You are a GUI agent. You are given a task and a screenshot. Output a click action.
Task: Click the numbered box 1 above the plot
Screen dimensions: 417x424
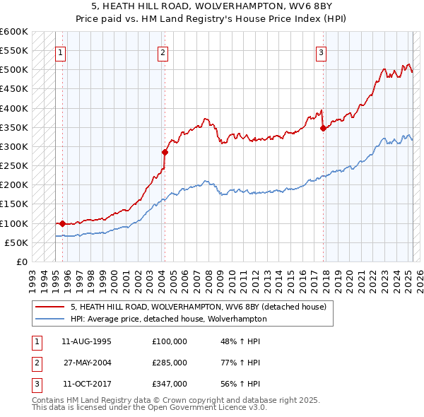coord(60,52)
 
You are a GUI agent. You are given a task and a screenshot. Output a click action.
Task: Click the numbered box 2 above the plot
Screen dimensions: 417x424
coord(163,52)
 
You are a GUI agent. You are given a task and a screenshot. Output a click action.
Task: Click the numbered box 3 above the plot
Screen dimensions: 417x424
coord(321,52)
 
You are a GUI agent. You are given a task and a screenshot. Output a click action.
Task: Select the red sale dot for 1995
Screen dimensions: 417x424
coord(63,223)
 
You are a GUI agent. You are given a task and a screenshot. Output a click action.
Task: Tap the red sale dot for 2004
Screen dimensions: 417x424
coord(165,152)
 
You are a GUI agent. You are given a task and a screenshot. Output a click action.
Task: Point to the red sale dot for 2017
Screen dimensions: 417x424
coord(323,128)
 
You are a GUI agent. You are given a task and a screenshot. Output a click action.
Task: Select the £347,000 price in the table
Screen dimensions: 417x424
coord(169,384)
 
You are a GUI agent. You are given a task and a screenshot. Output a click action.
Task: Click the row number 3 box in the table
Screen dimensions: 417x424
coord(35,384)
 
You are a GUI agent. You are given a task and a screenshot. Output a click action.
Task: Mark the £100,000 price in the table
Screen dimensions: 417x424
coord(169,341)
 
